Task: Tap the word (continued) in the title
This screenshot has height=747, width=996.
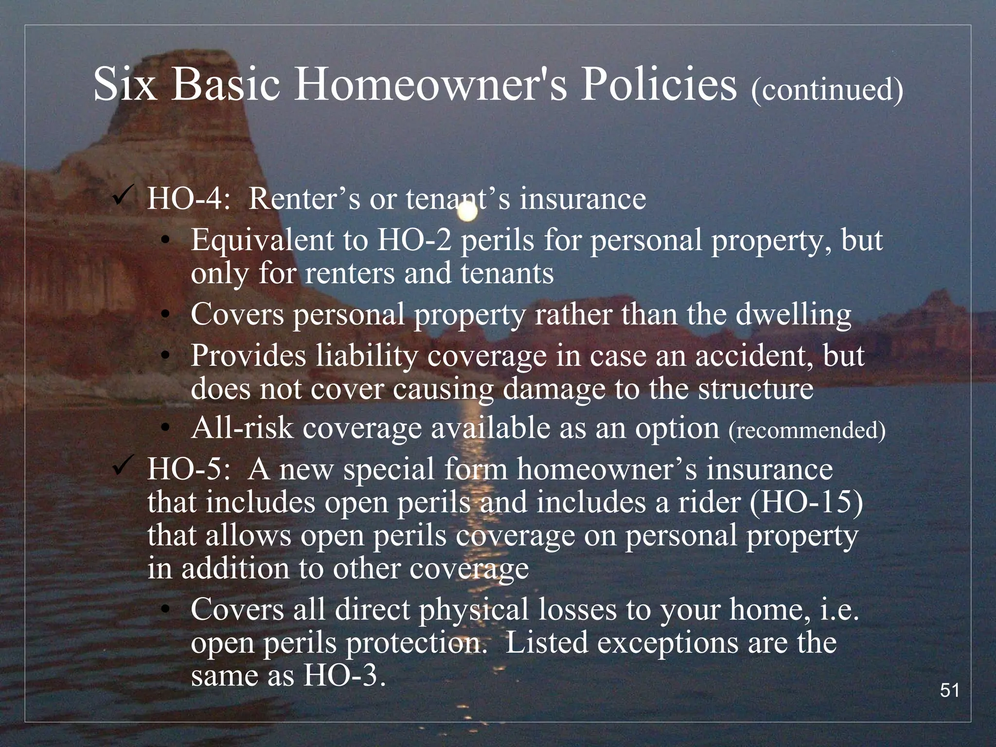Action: point(827,89)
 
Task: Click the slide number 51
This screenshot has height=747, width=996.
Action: point(950,691)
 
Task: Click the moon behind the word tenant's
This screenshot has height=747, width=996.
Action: point(467,212)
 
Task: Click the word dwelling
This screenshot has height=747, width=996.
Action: point(793,314)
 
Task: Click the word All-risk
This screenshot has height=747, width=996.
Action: point(242,429)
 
